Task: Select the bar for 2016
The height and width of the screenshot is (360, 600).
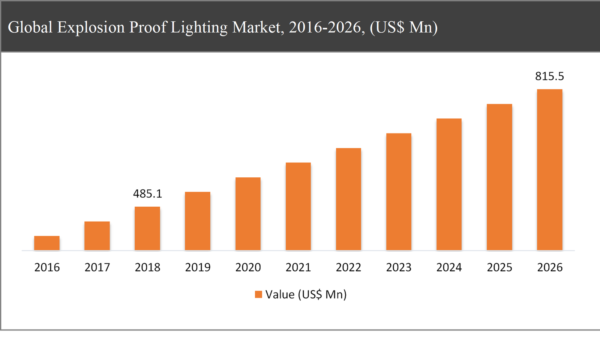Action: [x=47, y=243]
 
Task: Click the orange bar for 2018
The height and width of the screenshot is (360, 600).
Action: [x=147, y=228]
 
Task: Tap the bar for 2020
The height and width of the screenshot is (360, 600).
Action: [x=248, y=214]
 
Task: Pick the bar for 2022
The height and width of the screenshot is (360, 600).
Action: [x=348, y=199]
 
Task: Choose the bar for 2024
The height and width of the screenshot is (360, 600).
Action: [x=449, y=184]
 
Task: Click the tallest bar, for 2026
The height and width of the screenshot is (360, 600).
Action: [x=549, y=170]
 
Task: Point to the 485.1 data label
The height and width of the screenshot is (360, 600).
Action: [x=147, y=193]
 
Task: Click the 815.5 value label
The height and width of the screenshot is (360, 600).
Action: [x=549, y=76]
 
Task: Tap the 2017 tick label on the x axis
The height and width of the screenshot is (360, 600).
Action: [x=97, y=267]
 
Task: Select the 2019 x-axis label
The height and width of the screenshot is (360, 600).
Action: [x=198, y=267]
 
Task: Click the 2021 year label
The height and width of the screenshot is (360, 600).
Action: [x=298, y=267]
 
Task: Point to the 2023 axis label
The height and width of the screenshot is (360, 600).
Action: [x=399, y=267]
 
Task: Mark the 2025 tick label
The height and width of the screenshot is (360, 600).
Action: [x=499, y=267]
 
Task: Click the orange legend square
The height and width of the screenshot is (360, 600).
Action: [x=258, y=294]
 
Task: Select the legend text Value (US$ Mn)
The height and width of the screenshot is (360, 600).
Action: [x=306, y=294]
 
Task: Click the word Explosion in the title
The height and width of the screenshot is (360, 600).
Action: [x=91, y=28]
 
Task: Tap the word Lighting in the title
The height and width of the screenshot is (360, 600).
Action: [x=199, y=28]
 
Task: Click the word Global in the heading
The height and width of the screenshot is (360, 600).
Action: [x=30, y=28]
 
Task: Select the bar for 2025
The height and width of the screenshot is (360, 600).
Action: [x=499, y=177]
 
